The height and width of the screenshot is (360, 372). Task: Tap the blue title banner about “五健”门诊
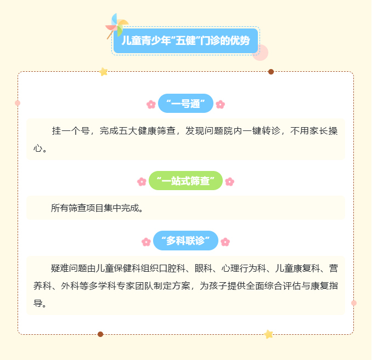pyautogui.click(x=185, y=41)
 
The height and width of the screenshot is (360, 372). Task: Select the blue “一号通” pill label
pyautogui.click(x=185, y=104)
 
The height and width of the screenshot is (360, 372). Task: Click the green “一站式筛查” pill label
pyautogui.click(x=185, y=181)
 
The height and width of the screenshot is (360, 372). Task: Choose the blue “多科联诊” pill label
pyautogui.click(x=185, y=241)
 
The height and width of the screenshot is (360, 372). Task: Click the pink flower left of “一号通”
pyautogui.click(x=151, y=104)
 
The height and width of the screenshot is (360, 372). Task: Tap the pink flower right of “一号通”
pyautogui.click(x=220, y=104)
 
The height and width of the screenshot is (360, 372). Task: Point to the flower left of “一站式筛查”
pyautogui.click(x=142, y=182)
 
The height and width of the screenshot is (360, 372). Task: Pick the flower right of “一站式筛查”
pyautogui.click(x=230, y=182)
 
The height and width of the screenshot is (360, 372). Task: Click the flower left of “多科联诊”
pyautogui.click(x=146, y=242)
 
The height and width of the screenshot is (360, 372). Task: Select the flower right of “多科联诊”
pyautogui.click(x=225, y=242)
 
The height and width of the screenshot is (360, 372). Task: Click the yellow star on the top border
pyautogui.click(x=104, y=72)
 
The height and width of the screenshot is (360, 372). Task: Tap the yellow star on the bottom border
pyautogui.click(x=268, y=334)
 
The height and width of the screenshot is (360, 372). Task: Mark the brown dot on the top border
pyautogui.click(x=271, y=72)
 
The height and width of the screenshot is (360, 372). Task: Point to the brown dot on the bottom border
pyautogui.click(x=100, y=334)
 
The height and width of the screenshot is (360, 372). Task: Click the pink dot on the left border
pyautogui.click(x=18, y=103)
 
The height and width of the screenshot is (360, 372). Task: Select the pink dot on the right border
pyautogui.click(x=354, y=303)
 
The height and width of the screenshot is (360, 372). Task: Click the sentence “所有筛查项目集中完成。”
pyautogui.click(x=97, y=208)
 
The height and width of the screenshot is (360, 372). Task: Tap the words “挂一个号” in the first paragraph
pyautogui.click(x=71, y=130)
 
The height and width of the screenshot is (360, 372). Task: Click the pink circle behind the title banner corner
pyautogui.click(x=261, y=53)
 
